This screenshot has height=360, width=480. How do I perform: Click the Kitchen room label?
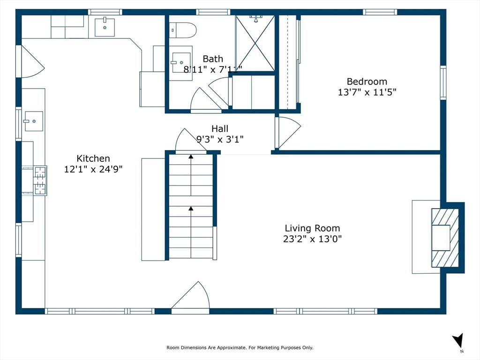[x=93, y=158]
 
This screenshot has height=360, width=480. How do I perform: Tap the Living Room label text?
[x=312, y=228]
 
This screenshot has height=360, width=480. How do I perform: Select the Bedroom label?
[x=367, y=82]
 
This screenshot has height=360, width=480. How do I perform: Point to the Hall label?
[x=220, y=128]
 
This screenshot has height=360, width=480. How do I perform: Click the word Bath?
[x=213, y=59]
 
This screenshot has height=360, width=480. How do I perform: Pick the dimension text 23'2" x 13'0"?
[x=312, y=239]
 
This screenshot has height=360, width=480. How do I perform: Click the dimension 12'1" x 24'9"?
[x=93, y=169]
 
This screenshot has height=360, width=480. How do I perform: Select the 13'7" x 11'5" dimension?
[x=367, y=92]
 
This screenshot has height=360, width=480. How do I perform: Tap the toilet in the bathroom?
[x=182, y=30]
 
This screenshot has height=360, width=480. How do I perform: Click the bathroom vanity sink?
[x=181, y=63]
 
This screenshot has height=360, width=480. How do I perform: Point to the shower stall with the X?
[x=255, y=43]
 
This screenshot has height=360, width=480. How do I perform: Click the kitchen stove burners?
[x=40, y=180]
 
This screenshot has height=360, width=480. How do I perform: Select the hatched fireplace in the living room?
[x=445, y=238]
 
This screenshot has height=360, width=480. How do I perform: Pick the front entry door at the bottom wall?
[x=190, y=297]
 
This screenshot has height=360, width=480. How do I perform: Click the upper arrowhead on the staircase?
[x=191, y=157]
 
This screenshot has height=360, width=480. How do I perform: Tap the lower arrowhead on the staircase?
[x=191, y=209]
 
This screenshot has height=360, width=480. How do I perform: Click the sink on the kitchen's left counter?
[x=34, y=121]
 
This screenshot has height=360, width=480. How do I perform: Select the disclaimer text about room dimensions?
[x=240, y=347]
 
